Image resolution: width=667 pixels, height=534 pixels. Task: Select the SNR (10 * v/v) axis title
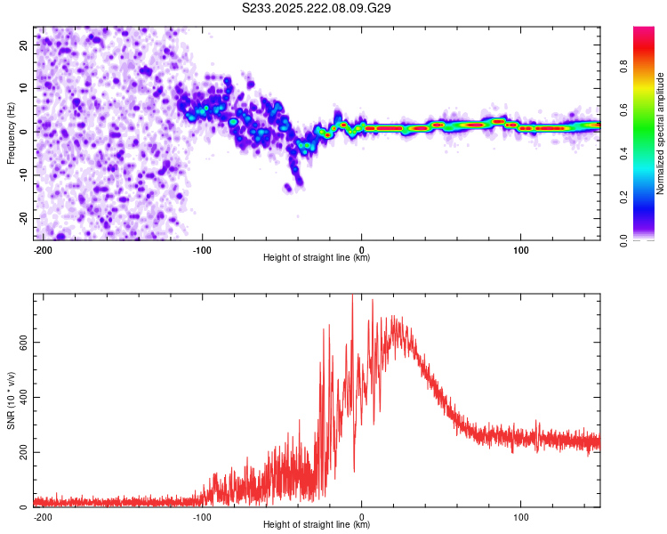point(11,400)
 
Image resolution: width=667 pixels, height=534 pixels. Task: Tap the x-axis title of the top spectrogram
point(317,258)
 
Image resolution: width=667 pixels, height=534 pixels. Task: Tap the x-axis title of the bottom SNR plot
point(317,525)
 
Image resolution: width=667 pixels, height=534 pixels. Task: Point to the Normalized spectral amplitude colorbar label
point(661,133)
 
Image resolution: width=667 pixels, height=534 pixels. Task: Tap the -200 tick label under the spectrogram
point(43,248)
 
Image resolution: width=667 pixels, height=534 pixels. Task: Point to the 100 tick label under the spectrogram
point(520,248)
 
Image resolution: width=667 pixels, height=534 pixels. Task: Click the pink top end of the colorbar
point(643,31)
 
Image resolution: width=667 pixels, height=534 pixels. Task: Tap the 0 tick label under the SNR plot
point(362,515)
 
